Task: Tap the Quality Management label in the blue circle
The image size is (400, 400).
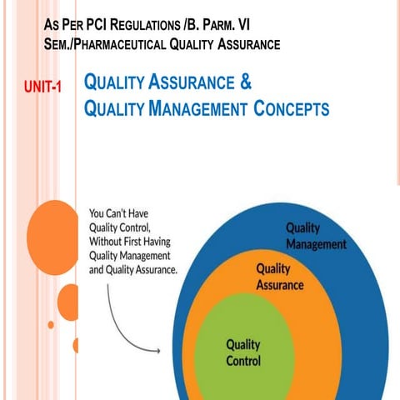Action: point(315,236)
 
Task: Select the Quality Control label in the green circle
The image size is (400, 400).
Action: point(243,352)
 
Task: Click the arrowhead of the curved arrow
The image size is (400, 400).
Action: point(157,352)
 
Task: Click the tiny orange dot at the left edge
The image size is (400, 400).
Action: point(51,323)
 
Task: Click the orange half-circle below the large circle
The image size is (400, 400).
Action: point(76,345)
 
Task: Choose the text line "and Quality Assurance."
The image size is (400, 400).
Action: point(132,270)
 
